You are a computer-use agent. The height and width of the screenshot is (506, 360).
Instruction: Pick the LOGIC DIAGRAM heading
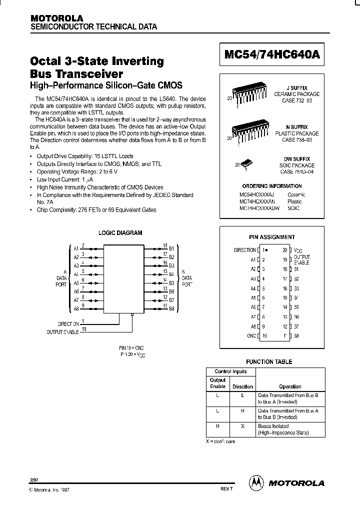120,233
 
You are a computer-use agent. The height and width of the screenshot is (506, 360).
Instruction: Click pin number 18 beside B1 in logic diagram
164,246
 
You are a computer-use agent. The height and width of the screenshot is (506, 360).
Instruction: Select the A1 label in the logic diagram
76,248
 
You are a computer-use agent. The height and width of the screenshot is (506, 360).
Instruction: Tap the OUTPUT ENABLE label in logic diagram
62,332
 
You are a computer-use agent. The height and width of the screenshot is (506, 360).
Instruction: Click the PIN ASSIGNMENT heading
272,237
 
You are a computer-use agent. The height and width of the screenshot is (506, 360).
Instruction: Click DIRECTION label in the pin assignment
245,250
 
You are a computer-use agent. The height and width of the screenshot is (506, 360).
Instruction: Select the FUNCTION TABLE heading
269,361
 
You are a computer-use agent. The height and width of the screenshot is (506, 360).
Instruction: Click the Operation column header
290,386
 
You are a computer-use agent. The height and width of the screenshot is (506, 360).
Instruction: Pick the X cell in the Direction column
242,426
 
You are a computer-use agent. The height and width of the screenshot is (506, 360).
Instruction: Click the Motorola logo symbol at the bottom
256,482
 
